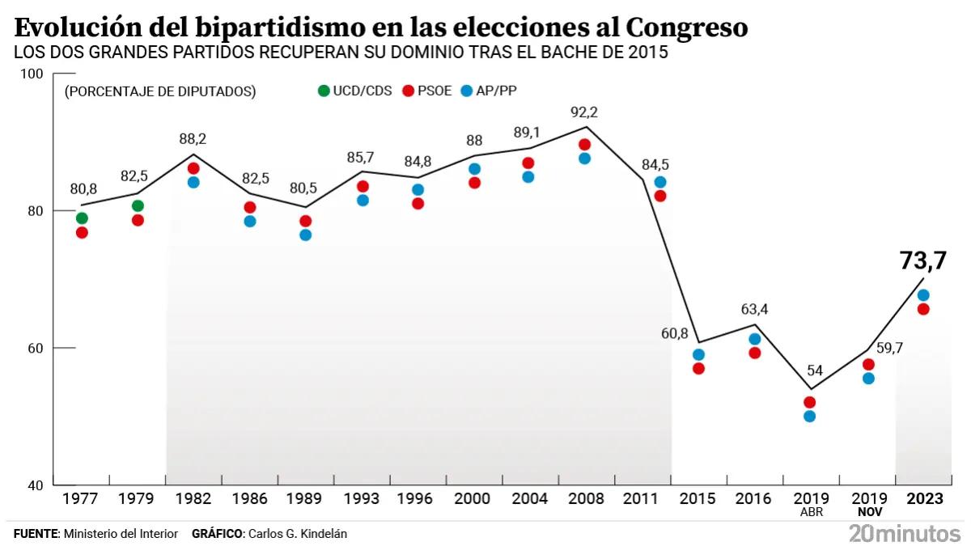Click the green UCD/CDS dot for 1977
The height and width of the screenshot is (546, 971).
point(82,218)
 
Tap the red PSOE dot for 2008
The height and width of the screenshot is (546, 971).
point(585,145)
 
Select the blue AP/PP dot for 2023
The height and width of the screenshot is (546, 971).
point(923,295)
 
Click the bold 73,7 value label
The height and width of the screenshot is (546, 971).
point(923,260)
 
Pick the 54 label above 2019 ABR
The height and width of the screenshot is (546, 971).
point(815,370)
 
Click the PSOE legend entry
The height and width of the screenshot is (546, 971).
point(426,91)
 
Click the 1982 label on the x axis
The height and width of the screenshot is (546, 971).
point(193,499)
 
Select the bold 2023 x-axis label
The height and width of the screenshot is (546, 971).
point(924,499)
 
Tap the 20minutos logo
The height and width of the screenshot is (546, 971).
point(905,533)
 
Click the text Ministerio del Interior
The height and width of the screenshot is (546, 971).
point(121,534)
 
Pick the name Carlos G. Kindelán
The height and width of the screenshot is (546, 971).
point(298,534)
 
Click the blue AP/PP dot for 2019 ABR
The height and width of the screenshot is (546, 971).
point(809,416)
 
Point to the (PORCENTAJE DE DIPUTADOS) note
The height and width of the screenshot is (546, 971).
point(160,91)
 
